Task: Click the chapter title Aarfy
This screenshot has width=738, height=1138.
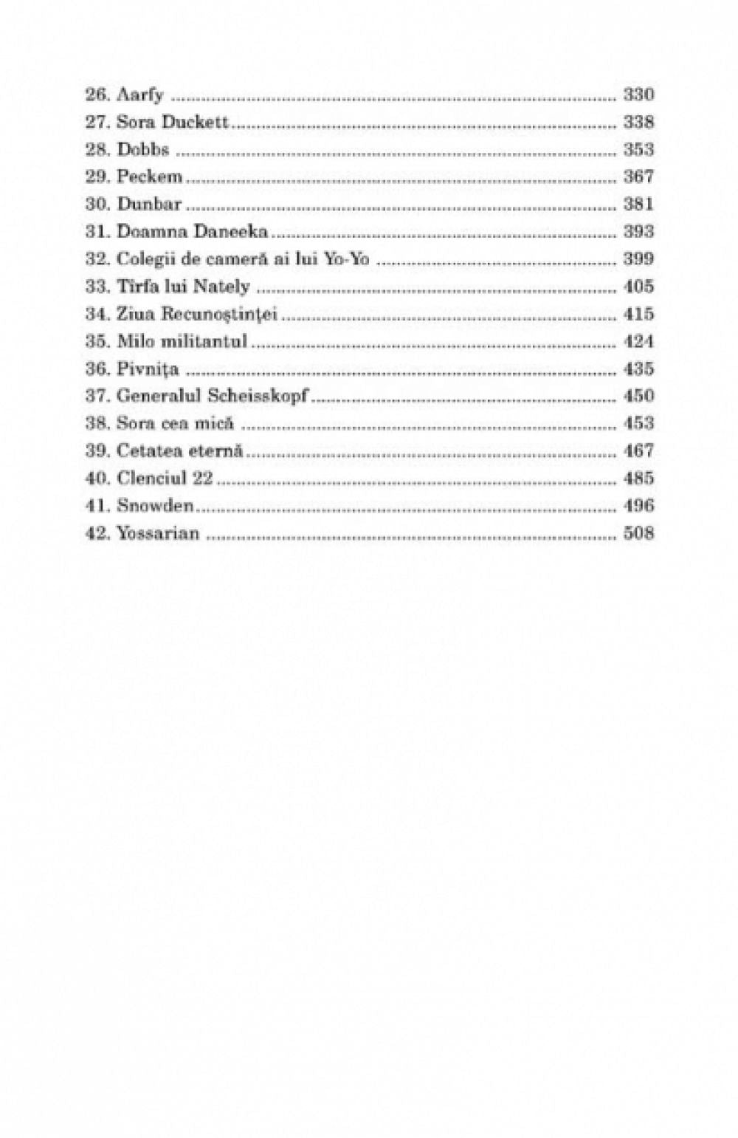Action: (x=140, y=95)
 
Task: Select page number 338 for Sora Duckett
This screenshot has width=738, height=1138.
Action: (x=638, y=123)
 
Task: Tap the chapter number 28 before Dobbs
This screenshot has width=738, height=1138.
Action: (x=97, y=150)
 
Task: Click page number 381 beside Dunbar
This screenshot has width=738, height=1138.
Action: (x=638, y=205)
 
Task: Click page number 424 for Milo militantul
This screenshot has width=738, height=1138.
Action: (x=638, y=342)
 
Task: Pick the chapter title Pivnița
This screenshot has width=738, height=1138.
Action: (x=148, y=369)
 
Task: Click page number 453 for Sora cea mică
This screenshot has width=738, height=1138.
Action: (x=638, y=424)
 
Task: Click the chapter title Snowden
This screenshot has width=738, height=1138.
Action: (x=155, y=506)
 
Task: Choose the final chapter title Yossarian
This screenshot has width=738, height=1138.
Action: (x=158, y=533)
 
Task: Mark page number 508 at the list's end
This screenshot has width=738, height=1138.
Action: (x=638, y=533)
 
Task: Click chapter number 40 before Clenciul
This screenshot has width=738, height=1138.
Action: (x=97, y=479)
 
